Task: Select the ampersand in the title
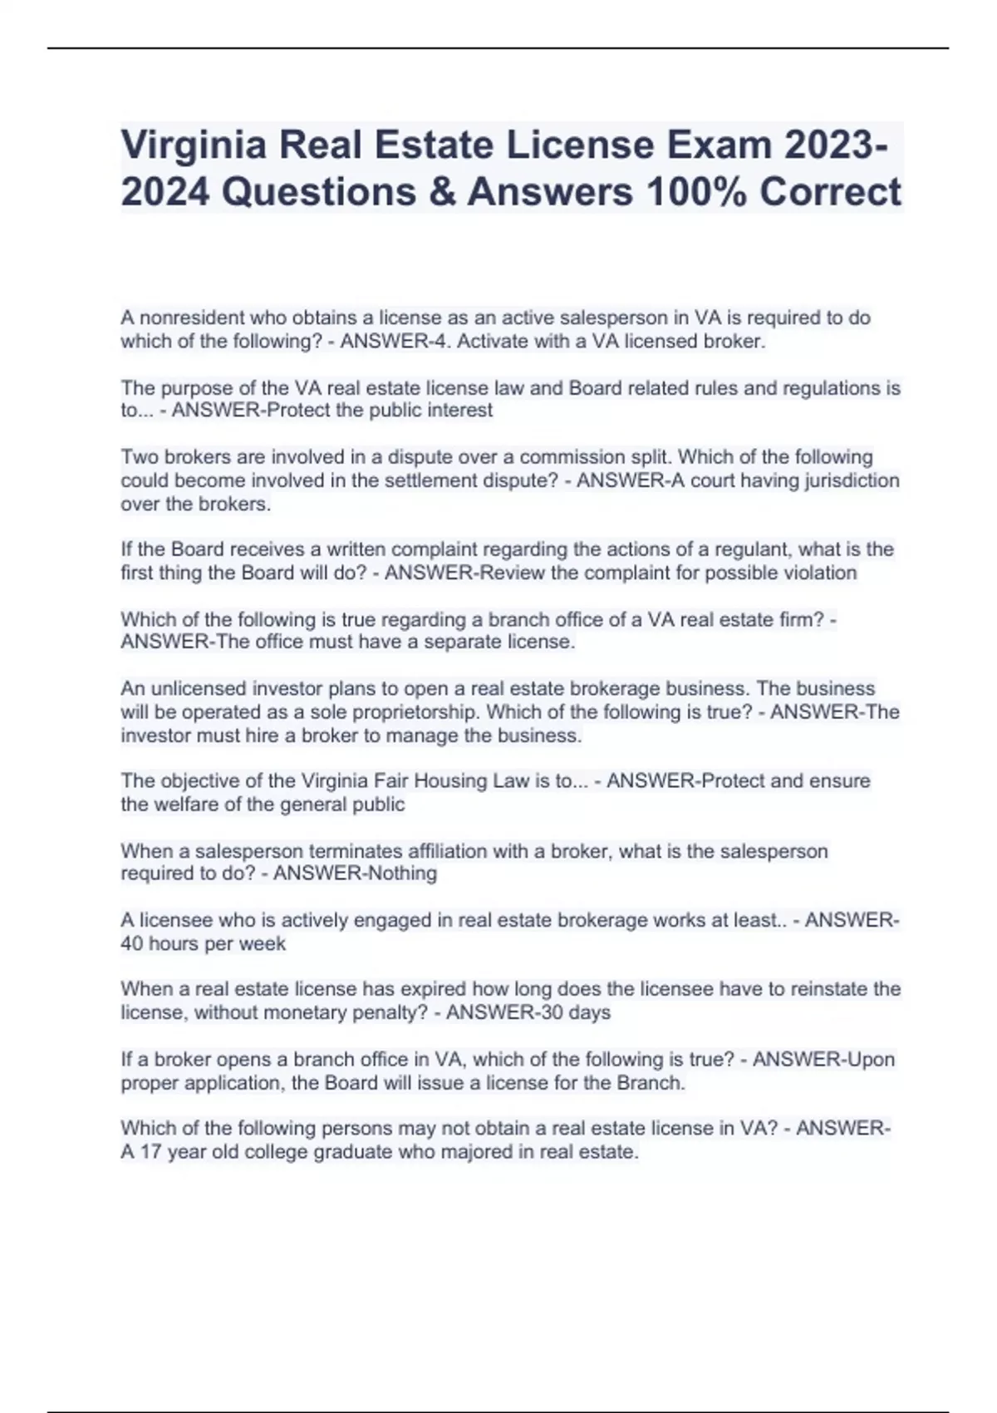(441, 192)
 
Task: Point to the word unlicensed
(199, 688)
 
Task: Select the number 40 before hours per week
(132, 943)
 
